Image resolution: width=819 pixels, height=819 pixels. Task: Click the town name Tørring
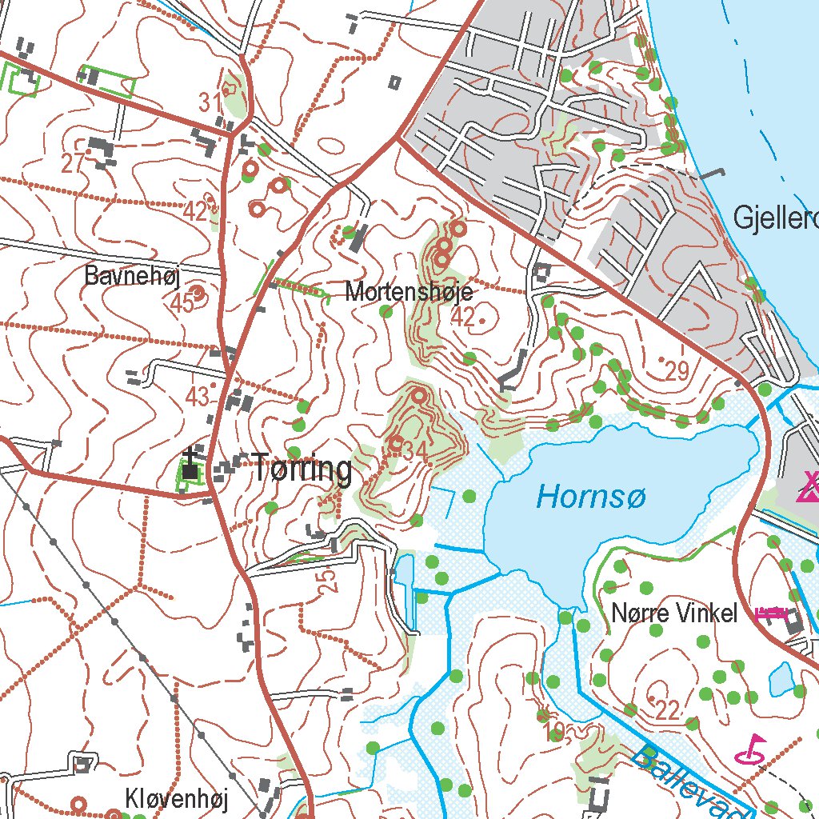coord(302,469)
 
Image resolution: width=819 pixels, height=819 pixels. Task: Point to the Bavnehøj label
coord(133,277)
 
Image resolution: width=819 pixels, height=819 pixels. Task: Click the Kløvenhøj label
coord(177,798)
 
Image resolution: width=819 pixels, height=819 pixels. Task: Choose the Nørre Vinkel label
coord(673,613)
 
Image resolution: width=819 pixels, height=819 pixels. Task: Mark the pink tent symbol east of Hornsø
coord(809,486)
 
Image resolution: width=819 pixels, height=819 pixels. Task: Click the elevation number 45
coord(182,303)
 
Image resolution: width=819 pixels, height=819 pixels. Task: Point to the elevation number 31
coord(210,102)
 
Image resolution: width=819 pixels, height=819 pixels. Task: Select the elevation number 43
coord(197,396)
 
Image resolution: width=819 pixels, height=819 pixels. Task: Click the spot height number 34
coord(415,452)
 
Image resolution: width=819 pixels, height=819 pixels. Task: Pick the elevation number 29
coord(677,371)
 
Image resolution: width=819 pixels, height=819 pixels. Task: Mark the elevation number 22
coord(666,708)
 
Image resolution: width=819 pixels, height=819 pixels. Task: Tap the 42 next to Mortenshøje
coord(462,318)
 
